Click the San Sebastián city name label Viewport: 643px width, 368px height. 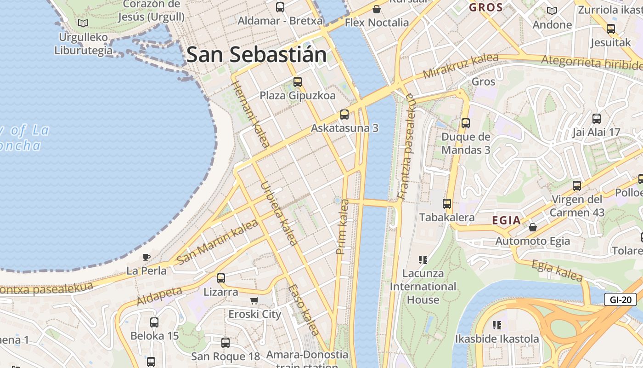point(256,55)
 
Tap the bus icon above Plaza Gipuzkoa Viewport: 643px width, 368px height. point(298,82)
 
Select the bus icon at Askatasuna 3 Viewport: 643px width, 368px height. point(344,115)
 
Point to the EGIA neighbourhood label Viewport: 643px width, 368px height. point(507,220)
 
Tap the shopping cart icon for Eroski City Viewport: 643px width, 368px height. point(254,300)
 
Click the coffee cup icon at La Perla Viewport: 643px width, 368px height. point(147,257)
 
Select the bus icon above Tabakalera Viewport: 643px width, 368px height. point(447,203)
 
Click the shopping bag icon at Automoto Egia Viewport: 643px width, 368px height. point(533,227)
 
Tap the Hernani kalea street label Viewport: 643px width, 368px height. point(251,114)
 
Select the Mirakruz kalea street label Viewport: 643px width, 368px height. point(461,66)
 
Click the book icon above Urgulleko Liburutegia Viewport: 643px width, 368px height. point(83,23)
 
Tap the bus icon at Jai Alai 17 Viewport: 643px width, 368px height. point(597,119)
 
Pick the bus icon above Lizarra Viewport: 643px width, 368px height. point(221,278)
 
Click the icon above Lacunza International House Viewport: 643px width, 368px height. point(423,260)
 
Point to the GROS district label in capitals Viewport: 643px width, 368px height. point(485,7)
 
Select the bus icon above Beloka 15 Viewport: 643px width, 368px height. point(154,322)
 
